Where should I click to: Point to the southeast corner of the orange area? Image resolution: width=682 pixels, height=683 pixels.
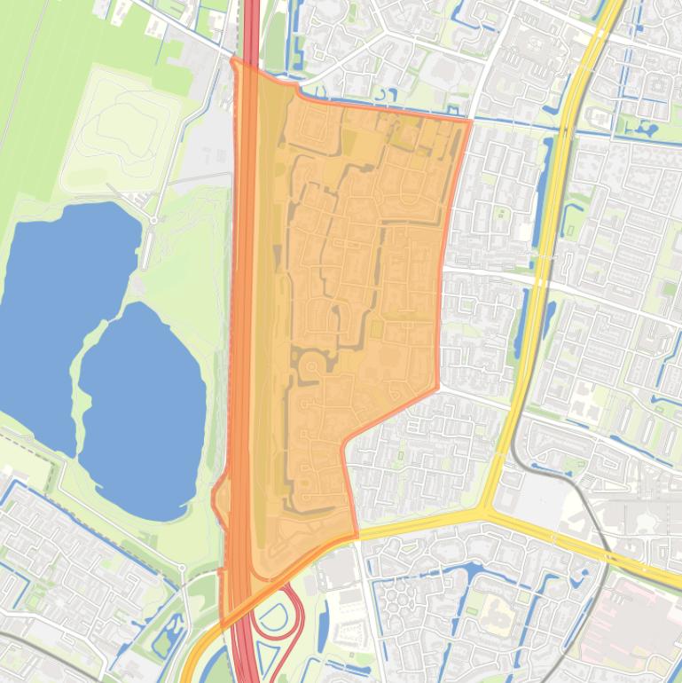pyautogui.click(x=356, y=536)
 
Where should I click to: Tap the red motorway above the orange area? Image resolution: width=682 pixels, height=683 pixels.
pyautogui.click(x=251, y=27)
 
